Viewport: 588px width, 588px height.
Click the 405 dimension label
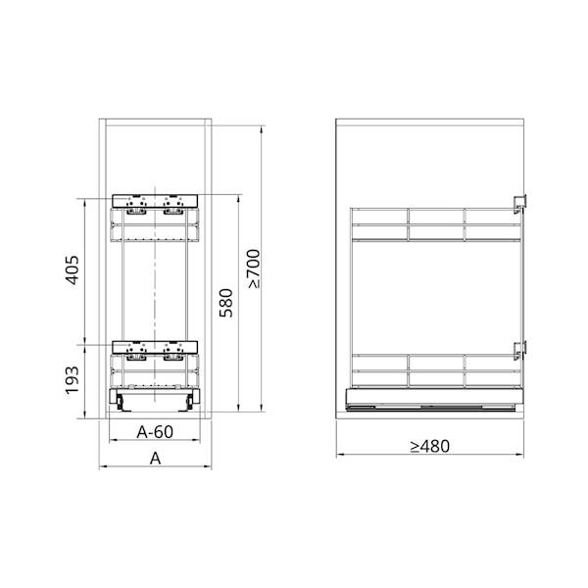72,269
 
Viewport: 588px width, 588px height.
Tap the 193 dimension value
72,378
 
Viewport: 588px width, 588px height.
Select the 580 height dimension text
226,303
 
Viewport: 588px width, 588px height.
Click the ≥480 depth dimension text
430,446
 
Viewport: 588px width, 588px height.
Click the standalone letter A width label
155,458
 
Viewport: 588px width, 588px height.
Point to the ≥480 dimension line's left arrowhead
339,455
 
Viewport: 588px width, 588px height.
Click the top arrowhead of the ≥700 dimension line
263,127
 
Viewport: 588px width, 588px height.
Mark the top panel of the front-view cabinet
157,121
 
